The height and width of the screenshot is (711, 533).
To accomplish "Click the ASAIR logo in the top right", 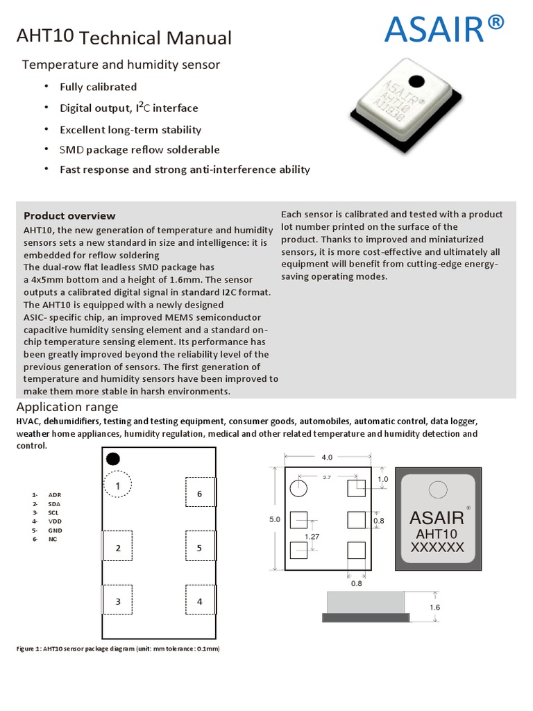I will click(x=443, y=30).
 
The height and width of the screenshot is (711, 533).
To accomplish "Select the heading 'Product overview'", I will click(x=69, y=216).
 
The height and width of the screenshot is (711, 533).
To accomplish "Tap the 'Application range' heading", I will click(x=67, y=407).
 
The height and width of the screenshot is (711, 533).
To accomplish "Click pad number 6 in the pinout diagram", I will click(x=199, y=494).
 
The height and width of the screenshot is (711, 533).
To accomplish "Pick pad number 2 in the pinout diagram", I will click(x=118, y=548).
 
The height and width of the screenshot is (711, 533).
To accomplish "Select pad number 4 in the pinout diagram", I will click(x=199, y=601).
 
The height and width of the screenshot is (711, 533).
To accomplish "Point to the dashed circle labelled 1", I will click(x=118, y=485).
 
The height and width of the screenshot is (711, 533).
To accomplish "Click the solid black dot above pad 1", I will click(x=113, y=459).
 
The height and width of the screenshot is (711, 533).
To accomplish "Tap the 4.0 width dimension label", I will click(x=327, y=457).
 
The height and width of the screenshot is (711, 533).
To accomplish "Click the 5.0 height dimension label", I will click(x=274, y=519).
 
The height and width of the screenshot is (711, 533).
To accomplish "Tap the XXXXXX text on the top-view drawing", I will click(x=437, y=548).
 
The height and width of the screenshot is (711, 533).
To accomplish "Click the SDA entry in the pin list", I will click(x=54, y=503).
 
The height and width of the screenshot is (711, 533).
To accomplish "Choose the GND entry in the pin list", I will click(x=55, y=530).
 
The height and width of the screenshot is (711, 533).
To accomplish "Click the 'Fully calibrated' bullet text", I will click(x=99, y=87).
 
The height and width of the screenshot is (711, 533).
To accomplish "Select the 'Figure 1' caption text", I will click(x=118, y=649).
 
